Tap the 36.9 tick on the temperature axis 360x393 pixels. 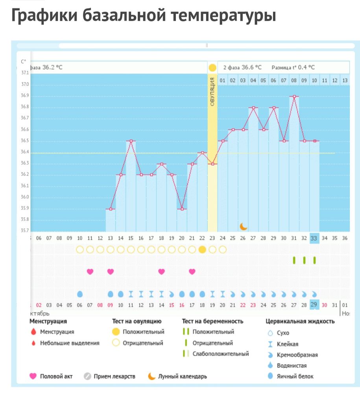[25, 95]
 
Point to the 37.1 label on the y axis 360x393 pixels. [25, 73]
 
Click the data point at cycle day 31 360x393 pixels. [294, 96]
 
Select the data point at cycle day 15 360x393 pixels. [131, 141]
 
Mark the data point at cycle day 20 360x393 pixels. [181, 209]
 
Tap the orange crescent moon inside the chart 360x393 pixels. [244, 226]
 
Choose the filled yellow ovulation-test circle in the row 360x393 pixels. [202, 250]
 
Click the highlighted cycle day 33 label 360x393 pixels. [314, 238]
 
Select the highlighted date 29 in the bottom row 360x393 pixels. [314, 305]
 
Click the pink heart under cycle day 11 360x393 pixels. [90, 271]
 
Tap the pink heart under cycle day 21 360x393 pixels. [192, 271]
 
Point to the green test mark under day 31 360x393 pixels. [294, 260]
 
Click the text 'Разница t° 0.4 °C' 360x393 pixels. [293, 68]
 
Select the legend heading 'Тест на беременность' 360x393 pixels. [212, 321]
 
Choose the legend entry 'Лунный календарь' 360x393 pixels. [182, 376]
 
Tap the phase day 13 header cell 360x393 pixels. [345, 81]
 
